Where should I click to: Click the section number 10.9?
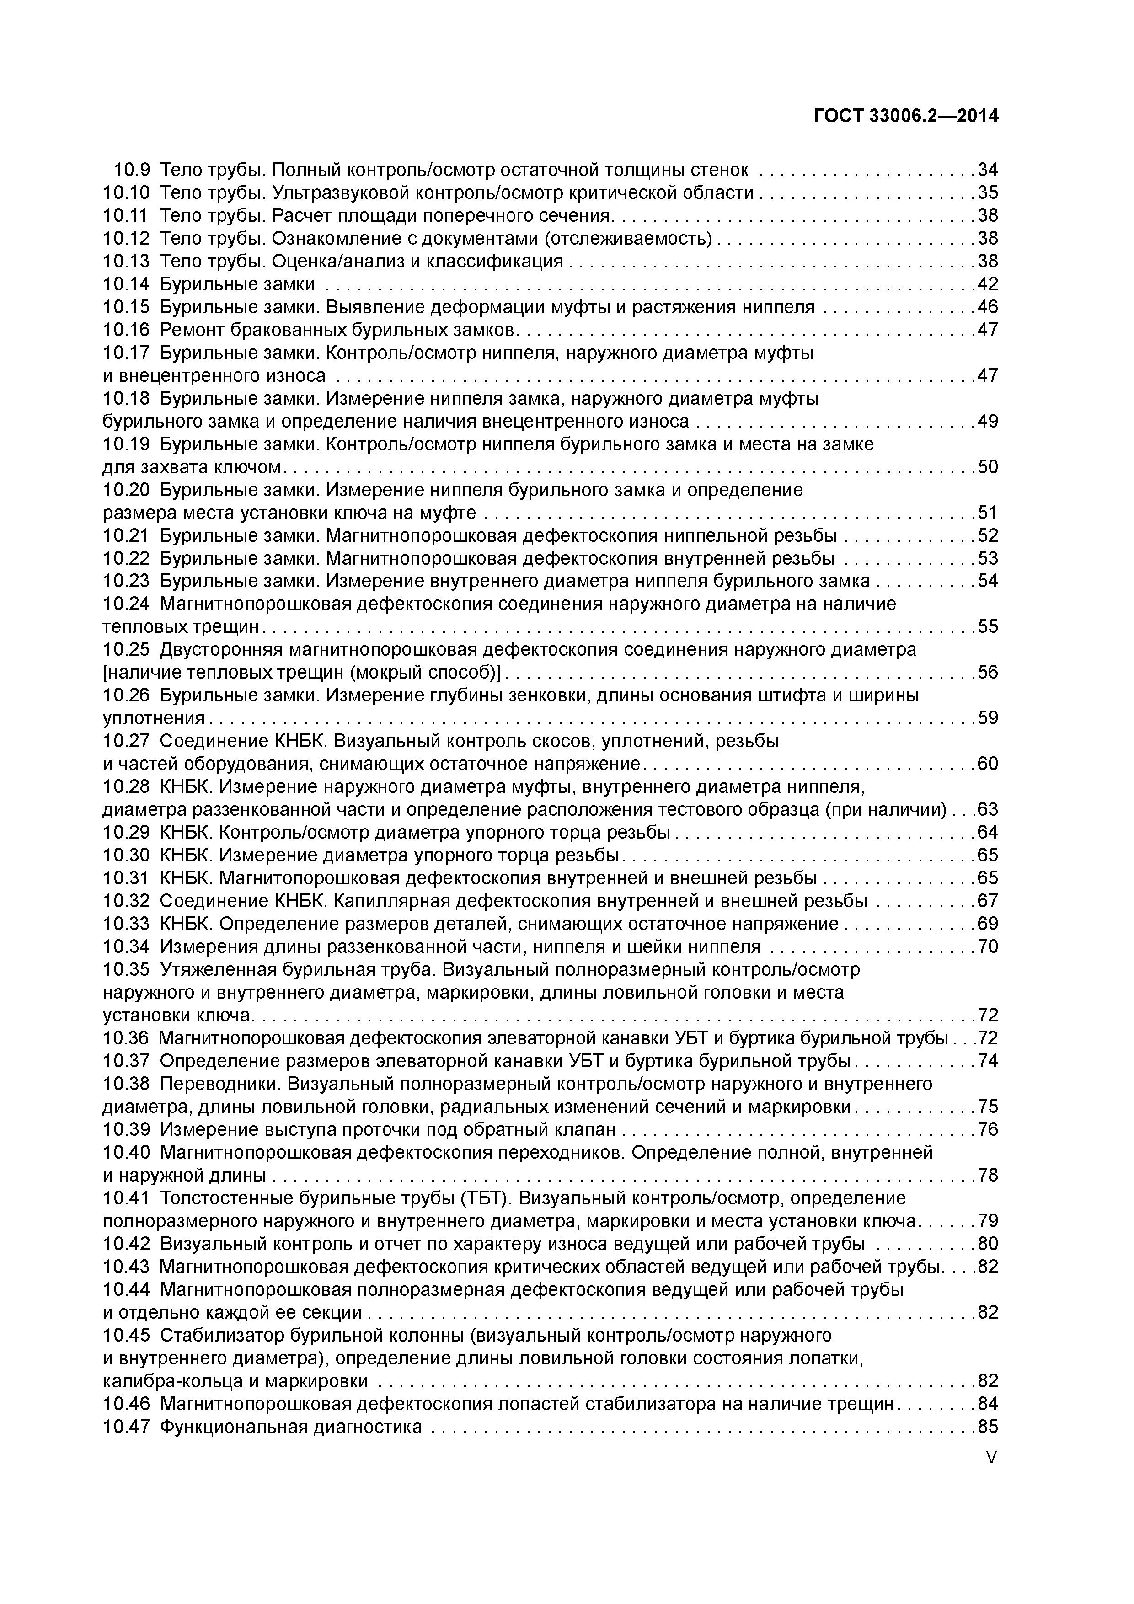[x=132, y=170]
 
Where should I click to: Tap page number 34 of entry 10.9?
[x=987, y=170]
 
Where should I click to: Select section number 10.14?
[x=127, y=284]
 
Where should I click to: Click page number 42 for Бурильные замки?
[x=987, y=284]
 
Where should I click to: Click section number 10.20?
[x=127, y=491]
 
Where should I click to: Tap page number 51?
[x=987, y=513]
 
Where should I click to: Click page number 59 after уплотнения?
[x=987, y=718]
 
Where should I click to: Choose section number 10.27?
[x=127, y=741]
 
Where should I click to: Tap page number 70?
[x=987, y=946]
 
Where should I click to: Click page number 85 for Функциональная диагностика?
[x=987, y=1427]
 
